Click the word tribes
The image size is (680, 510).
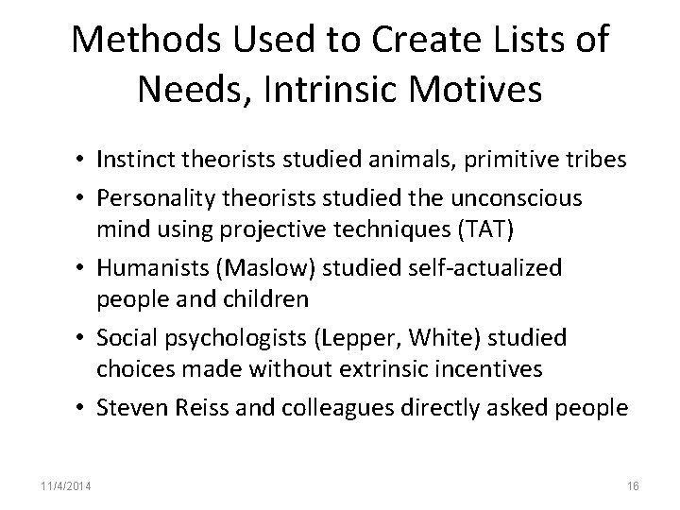598,160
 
